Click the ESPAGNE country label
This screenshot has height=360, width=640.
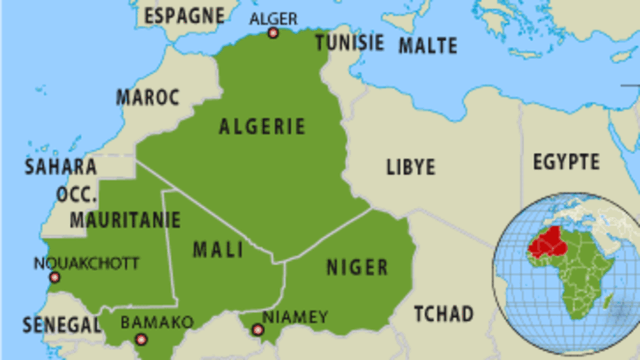184,16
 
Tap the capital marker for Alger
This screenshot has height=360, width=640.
273,33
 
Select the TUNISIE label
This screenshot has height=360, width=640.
349,43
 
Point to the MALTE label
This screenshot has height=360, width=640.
428,45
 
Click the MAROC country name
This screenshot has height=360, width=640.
148,97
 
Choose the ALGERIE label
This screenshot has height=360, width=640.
262,126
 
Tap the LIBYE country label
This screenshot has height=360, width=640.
411,167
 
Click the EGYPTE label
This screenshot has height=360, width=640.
566,161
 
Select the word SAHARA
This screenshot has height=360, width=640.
61,167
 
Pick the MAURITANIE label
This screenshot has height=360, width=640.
116,220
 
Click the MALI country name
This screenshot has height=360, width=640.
218,249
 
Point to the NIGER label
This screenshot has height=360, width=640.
357,267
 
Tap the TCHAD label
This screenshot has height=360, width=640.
444,314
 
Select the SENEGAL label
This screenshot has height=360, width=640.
61,325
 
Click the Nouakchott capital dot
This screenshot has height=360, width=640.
54,278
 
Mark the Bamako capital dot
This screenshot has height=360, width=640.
140,339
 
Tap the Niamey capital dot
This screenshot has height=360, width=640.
257,330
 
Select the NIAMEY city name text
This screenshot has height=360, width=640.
295,317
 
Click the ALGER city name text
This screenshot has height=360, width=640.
273,19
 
